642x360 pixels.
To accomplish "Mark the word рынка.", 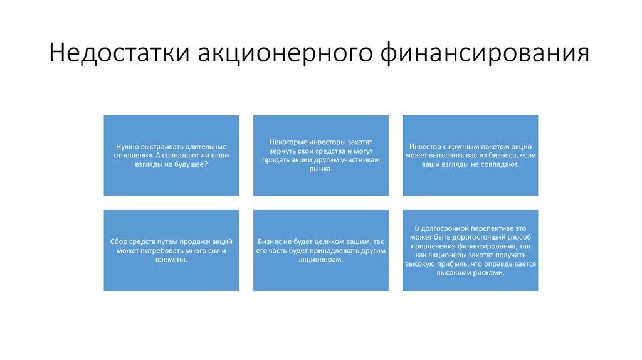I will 320,168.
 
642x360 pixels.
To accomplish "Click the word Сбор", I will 119,241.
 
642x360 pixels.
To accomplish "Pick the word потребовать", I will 162,250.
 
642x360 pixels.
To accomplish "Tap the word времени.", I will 171,258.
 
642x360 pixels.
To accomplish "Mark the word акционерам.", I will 320,258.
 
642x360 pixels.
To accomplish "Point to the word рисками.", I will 489,273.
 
